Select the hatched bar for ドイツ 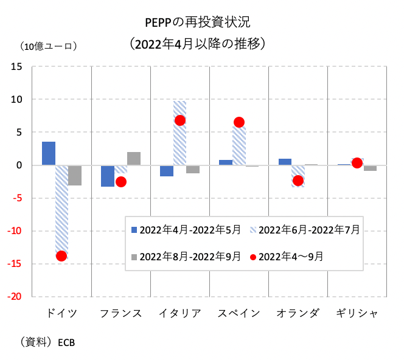point(61,207)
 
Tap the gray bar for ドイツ point(74,175)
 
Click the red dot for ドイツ point(61,256)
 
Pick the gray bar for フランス point(133,159)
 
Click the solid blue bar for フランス point(108,176)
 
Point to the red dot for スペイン point(239,122)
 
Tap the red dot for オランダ point(298,181)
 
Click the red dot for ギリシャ point(357,163)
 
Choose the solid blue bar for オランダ point(285,162)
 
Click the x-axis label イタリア point(179,313)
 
